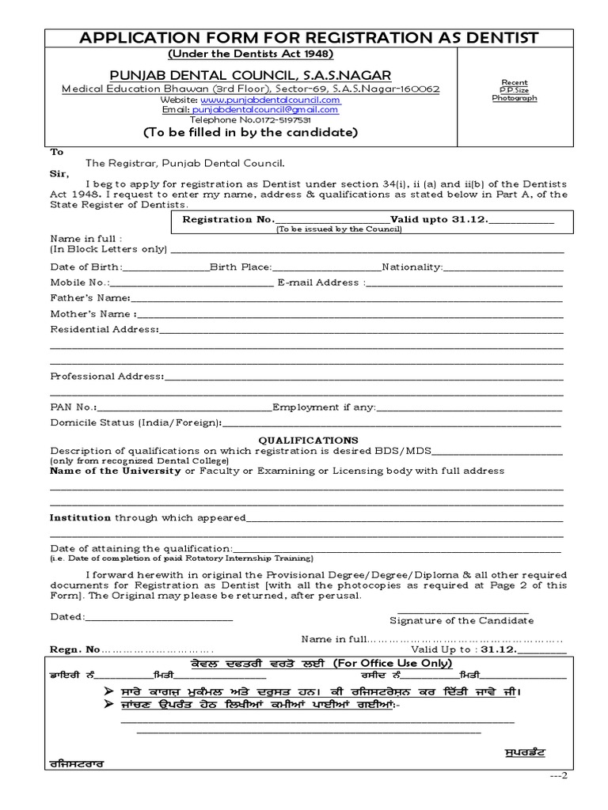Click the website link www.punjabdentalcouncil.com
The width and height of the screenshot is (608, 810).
[x=270, y=100]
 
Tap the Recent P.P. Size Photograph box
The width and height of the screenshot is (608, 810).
[x=514, y=91]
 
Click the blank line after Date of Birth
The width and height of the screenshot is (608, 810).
[x=166, y=267]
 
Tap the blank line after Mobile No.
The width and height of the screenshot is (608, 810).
[x=191, y=282]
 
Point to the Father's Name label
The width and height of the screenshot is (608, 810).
[x=89, y=297]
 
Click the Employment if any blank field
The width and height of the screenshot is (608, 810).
[x=469, y=407]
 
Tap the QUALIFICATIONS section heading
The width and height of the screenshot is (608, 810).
[x=309, y=440]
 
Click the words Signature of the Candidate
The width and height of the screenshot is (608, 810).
[x=462, y=621]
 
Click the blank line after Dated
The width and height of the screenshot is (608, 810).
[x=158, y=616]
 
